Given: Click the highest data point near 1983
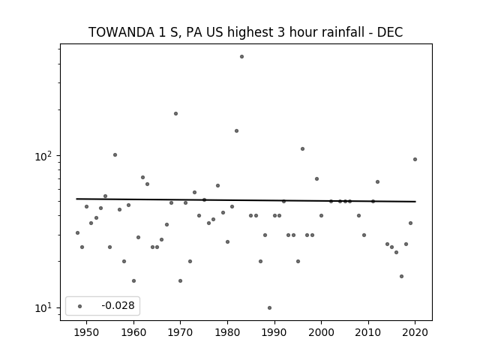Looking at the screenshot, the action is pos(241,57).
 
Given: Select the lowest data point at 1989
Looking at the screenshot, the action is pos(269,307).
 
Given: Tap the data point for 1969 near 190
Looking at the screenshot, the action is pos(175,113).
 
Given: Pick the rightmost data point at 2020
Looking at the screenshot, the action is pos(415,159).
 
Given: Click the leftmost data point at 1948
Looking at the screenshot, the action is pos(77,232).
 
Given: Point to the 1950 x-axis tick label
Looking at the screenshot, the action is pos(87,332).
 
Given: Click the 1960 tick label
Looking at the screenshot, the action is pos(133,332).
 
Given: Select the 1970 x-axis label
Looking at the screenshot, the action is pos(180,332).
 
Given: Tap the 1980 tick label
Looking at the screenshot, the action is pos(227,332).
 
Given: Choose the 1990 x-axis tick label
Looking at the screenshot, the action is pos(274,332).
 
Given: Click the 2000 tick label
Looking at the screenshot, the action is pos(322,332).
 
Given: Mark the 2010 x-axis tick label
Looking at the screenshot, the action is pos(368,332).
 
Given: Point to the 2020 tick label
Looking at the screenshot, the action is pos(415,332).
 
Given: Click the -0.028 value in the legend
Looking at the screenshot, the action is pos(118,305).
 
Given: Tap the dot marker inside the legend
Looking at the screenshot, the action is pos(80,306).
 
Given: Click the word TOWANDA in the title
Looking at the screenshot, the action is pos(121,32).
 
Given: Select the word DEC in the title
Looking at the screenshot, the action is pos(390,32).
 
